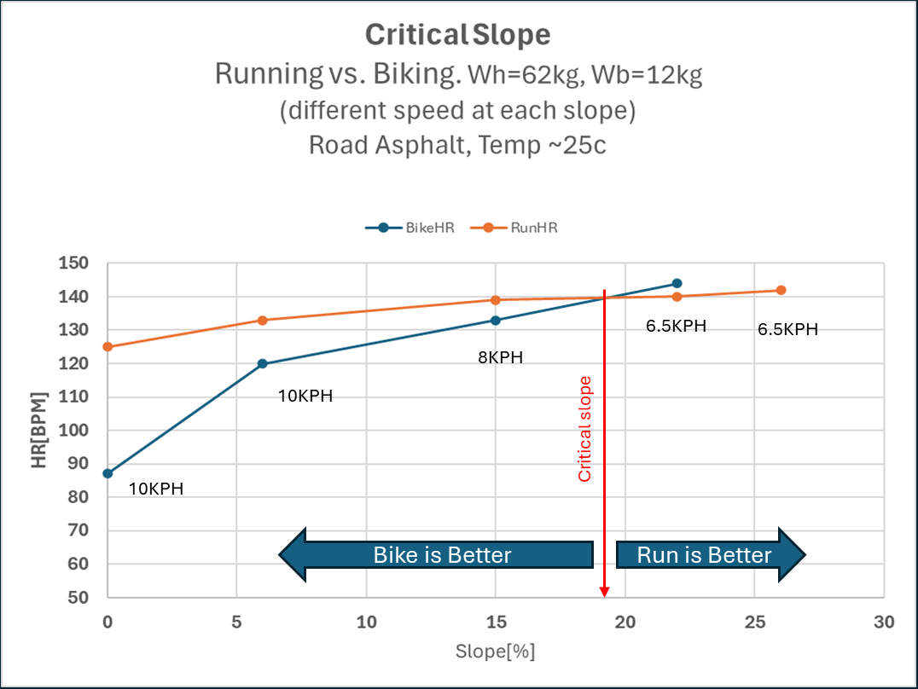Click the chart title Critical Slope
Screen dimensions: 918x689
pyautogui.click(x=458, y=35)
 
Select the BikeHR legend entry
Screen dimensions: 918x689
pyautogui.click(x=410, y=228)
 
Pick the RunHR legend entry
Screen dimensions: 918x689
pyautogui.click(x=514, y=228)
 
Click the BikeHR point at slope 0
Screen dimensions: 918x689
pyautogui.click(x=107, y=473)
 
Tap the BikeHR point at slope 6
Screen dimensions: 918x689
pyautogui.click(x=262, y=363)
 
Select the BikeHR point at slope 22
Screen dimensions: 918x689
pyautogui.click(x=677, y=283)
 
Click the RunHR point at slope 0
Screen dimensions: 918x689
pyautogui.click(x=107, y=347)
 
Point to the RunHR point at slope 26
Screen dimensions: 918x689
pyautogui.click(x=781, y=290)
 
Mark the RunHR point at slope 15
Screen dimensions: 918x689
pyautogui.click(x=496, y=300)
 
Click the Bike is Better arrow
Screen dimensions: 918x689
pyautogui.click(x=436, y=555)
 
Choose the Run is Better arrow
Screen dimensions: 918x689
pyautogui.click(x=711, y=555)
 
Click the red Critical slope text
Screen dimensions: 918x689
pyautogui.click(x=585, y=429)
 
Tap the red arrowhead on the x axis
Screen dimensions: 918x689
pyautogui.click(x=605, y=593)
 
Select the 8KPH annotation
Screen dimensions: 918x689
pyautogui.click(x=501, y=357)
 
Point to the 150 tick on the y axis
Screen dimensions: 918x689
pyautogui.click(x=73, y=263)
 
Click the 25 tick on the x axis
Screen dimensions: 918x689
pyautogui.click(x=755, y=622)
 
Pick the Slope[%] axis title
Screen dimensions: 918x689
pyautogui.click(x=496, y=651)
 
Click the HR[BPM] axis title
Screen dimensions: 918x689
pyautogui.click(x=38, y=431)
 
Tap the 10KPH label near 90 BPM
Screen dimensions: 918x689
pyautogui.click(x=156, y=489)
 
